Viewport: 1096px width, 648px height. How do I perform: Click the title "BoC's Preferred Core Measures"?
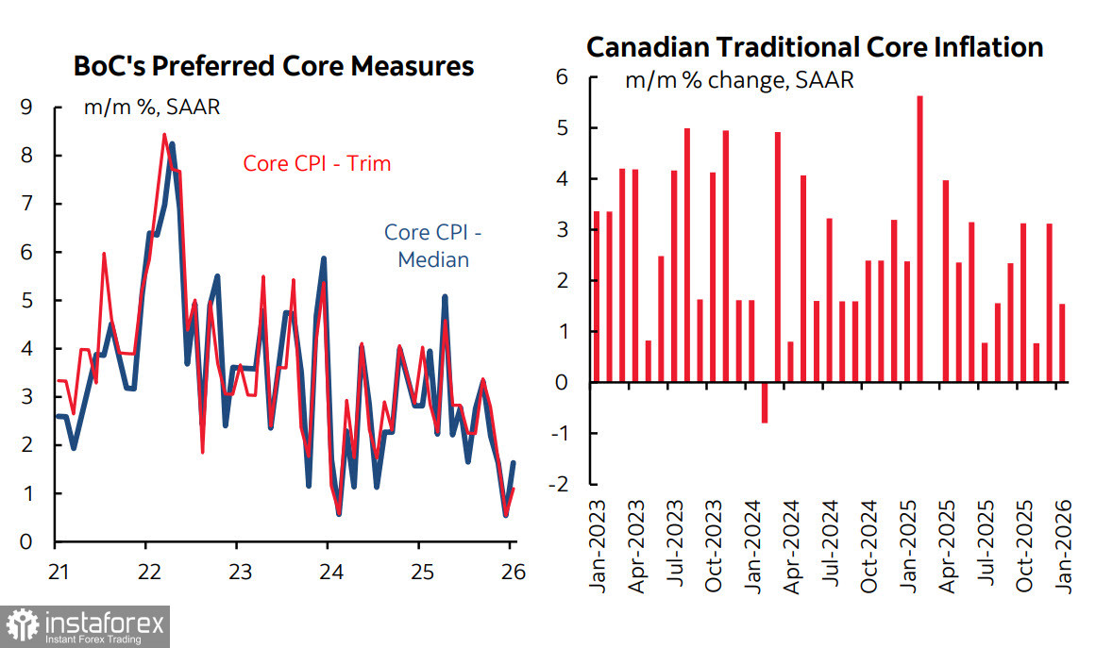click(274, 67)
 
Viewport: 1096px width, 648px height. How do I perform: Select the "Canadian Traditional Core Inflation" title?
click(815, 47)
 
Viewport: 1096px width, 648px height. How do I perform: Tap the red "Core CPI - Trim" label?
click(317, 163)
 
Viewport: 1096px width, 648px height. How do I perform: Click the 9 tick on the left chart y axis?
click(26, 108)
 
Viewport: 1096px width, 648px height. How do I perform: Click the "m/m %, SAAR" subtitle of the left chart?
click(152, 107)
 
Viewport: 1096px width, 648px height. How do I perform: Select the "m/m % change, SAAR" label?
click(739, 80)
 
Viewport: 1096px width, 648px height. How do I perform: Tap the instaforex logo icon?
click(22, 623)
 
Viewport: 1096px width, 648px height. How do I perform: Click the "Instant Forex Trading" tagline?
click(93, 640)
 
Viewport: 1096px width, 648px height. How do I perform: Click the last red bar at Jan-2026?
click(1062, 343)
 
